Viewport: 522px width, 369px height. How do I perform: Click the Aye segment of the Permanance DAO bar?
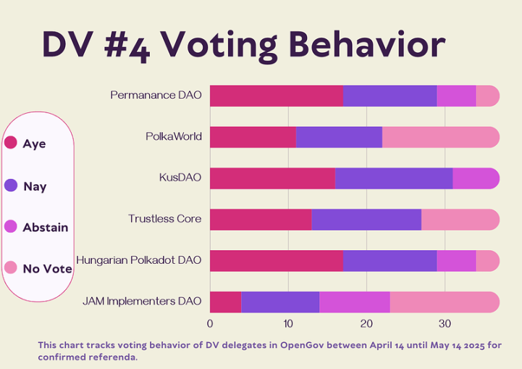pyautogui.click(x=276, y=96)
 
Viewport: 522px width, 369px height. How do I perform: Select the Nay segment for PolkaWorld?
pyautogui.click(x=339, y=137)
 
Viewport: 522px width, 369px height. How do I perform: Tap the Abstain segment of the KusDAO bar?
pyautogui.click(x=476, y=178)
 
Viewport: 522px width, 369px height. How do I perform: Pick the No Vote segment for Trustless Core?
pyautogui.click(x=460, y=220)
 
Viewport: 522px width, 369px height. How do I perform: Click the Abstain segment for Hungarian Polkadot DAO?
pyautogui.click(x=456, y=261)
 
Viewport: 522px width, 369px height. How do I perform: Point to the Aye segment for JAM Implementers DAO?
pyautogui.click(x=225, y=302)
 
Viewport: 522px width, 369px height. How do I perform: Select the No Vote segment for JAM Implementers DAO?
pyautogui.click(x=444, y=302)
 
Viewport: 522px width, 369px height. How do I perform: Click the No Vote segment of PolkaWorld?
pyautogui.click(x=440, y=137)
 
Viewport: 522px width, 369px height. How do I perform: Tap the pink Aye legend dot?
pyautogui.click(x=11, y=143)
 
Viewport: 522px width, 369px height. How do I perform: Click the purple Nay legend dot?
pyautogui.click(x=11, y=186)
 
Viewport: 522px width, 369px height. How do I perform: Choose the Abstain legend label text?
pyautogui.click(x=46, y=228)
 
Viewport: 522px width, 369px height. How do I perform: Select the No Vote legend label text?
pyautogui.click(x=47, y=269)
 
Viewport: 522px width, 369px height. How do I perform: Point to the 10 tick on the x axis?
pyautogui.click(x=288, y=323)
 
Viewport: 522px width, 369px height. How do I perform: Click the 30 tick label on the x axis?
pyautogui.click(x=445, y=323)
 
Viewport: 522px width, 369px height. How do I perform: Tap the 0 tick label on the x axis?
pyautogui.click(x=210, y=323)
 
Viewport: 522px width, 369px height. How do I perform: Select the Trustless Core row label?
pyautogui.click(x=164, y=218)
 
